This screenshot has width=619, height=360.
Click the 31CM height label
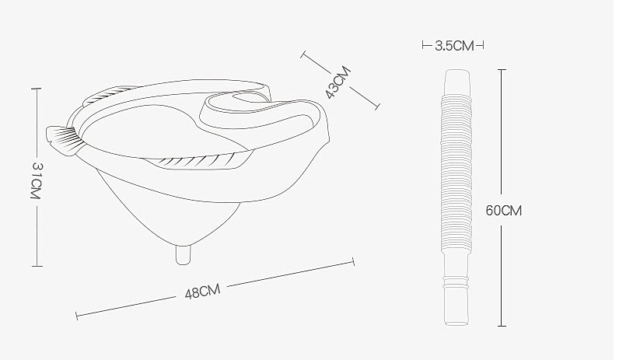pos(36,180)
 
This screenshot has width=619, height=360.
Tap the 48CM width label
pos(202,292)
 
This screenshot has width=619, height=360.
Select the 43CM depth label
pos(337,82)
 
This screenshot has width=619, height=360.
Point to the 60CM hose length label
pos(503,211)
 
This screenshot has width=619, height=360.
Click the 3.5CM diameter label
pos(454,46)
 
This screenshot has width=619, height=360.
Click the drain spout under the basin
pos(184,254)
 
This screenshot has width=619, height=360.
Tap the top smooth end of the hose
pos(457,82)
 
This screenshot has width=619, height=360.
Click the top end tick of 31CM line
pos(37,89)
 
